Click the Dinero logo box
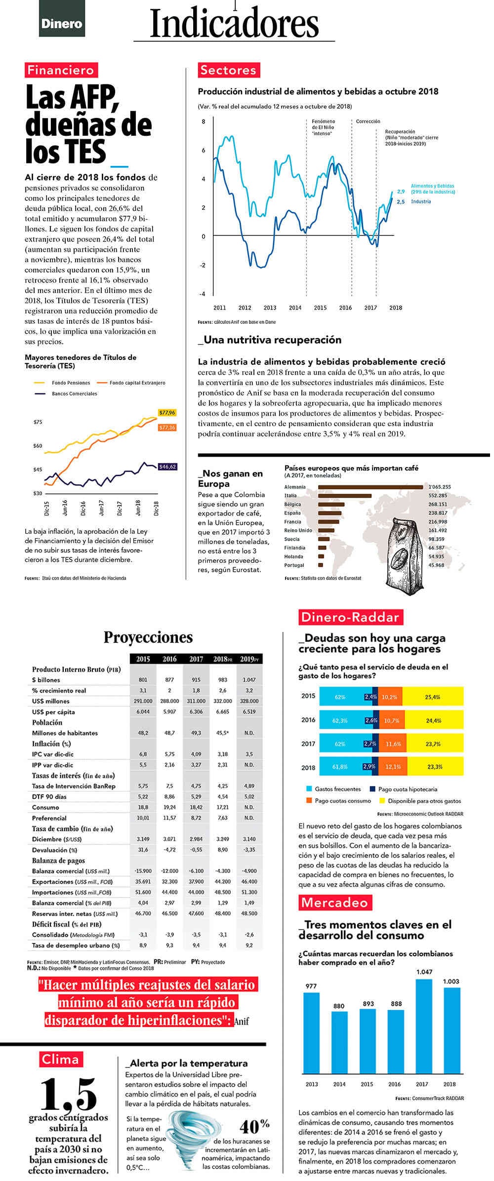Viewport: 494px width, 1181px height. pos(62,23)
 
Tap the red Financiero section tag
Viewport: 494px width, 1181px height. pos(61,70)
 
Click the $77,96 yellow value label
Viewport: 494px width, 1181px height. pos(167,412)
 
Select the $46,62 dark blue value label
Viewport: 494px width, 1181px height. pos(167,467)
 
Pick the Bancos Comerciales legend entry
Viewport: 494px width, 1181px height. pos(74,394)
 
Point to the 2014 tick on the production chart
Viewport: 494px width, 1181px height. pos(295,308)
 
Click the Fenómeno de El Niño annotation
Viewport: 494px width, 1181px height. pos(324,127)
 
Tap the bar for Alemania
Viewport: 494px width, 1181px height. pos(370,487)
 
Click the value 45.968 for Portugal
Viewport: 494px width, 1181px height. pos(436,565)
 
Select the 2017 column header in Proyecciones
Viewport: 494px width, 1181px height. pos(196,659)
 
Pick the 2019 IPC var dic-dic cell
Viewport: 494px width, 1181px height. pos(249,754)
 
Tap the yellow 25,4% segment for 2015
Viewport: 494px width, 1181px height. pos(433,697)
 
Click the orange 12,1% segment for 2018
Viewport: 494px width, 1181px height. pos(393,767)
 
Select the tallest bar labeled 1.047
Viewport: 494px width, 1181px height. pos(424,1025)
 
